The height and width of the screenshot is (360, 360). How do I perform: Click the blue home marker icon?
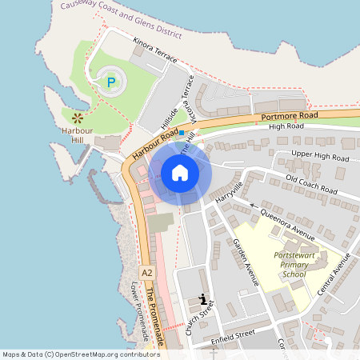coord(180,173)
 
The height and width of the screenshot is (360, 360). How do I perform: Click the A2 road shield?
coord(146,274)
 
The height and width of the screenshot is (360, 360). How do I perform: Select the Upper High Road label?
coord(318,154)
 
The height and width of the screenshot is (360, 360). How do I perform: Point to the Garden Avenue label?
coord(246,262)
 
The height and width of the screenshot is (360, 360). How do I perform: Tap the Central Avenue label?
coord(334,274)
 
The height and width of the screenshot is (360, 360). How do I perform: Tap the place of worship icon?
coord(203,300)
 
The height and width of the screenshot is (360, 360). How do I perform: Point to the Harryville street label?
coord(226,188)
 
